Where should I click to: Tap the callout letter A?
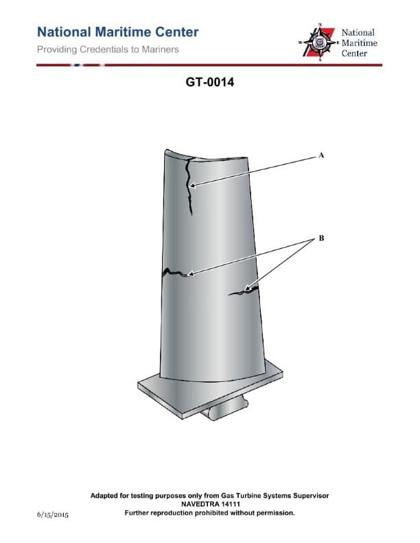click(x=320, y=156)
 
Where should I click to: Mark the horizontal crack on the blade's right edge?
click(x=244, y=291)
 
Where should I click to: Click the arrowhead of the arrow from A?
click(x=193, y=185)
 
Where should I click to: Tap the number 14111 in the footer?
click(x=227, y=503)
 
